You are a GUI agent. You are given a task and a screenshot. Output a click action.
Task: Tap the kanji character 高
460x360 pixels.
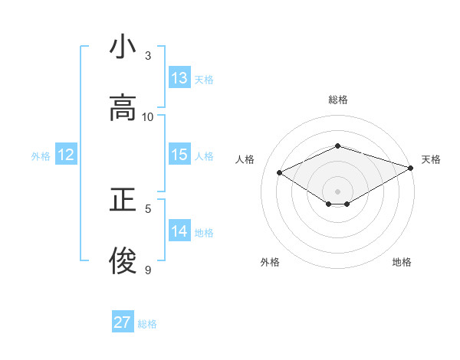[x=123, y=110]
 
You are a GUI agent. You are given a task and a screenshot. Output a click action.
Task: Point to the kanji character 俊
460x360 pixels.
[x=123, y=262]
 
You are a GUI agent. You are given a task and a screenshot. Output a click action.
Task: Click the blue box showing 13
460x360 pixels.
[x=179, y=78]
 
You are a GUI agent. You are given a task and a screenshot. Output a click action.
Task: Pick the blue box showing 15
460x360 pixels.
[x=179, y=155]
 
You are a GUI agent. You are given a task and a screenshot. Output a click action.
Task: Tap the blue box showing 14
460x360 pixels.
[x=179, y=231]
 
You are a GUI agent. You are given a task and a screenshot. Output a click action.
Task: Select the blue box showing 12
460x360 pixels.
[x=66, y=155]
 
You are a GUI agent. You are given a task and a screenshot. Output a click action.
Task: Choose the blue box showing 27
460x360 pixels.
[x=123, y=322]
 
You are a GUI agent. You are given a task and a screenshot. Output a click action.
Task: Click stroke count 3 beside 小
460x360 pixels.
[x=148, y=56]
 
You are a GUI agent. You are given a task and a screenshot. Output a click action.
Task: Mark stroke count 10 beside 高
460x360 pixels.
[x=148, y=117]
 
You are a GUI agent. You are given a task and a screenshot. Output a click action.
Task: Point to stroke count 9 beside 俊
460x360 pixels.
[x=148, y=270]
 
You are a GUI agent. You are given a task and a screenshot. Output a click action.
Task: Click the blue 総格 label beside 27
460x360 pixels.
[x=147, y=324]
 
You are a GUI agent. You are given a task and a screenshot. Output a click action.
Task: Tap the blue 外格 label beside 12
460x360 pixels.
[x=41, y=156]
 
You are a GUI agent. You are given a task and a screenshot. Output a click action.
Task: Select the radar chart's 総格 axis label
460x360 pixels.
[x=337, y=100]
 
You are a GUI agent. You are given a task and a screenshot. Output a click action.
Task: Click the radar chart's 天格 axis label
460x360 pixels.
[x=431, y=159]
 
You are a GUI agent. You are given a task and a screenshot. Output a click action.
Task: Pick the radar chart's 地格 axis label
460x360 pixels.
[x=402, y=262]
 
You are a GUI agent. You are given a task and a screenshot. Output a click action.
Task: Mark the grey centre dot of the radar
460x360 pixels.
[x=337, y=191]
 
